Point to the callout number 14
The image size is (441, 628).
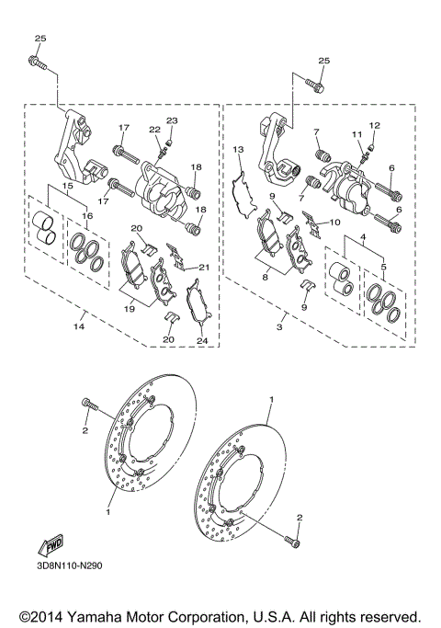(x=79, y=325)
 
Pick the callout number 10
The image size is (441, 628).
(x=334, y=222)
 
